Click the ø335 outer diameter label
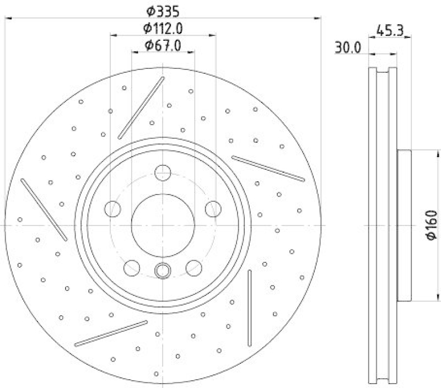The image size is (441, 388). click(163, 10)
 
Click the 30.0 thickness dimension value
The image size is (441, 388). click(347, 48)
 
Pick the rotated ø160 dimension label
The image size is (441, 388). click(432, 225)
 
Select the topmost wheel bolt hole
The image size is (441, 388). click(163, 173)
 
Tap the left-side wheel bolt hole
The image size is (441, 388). click(113, 209)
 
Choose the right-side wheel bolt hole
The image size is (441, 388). click(212, 209)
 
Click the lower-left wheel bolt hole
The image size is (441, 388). click(132, 268)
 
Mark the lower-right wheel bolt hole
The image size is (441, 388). click(193, 268)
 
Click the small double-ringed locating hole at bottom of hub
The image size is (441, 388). click(163, 270)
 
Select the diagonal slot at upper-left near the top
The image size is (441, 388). click(141, 107)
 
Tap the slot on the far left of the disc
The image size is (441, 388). click(44, 209)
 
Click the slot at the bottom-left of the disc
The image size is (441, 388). click(111, 333)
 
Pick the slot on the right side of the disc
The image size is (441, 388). click(268, 168)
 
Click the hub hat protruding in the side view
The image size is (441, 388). click(404, 225)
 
